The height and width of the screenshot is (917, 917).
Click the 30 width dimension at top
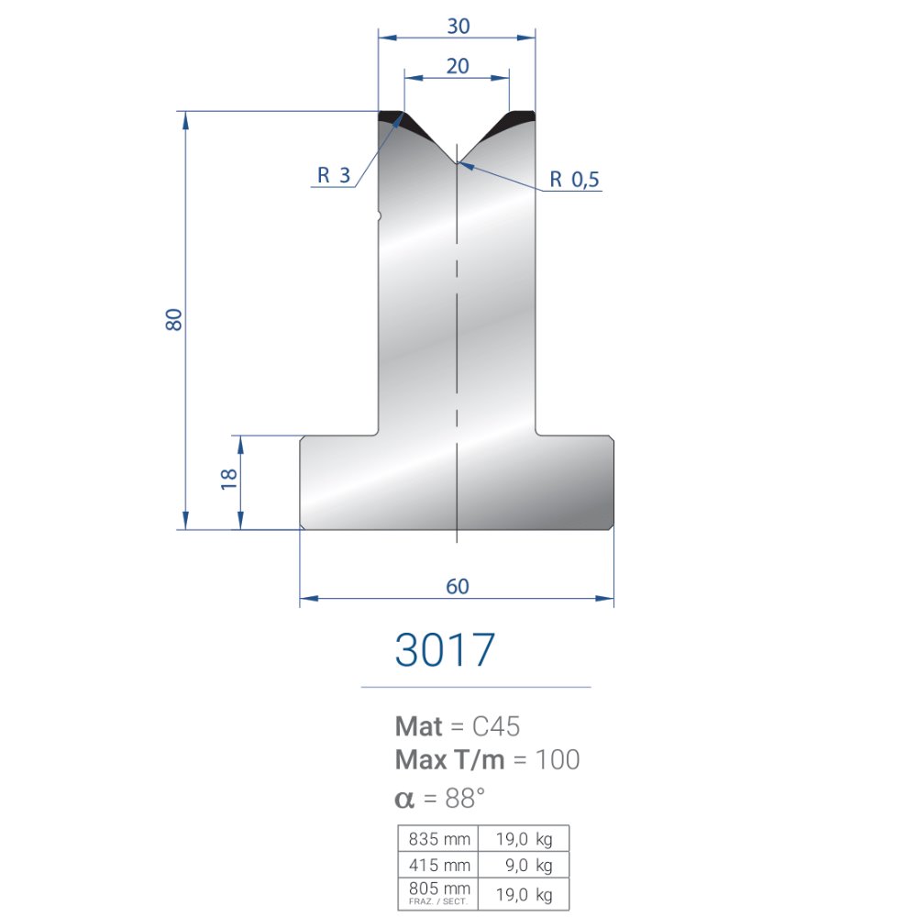[458, 27]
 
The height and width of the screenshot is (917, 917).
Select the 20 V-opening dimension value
[458, 66]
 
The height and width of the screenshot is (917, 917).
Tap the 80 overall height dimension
[173, 319]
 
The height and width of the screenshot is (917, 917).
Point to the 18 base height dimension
[228, 479]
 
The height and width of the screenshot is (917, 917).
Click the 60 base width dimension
[458, 586]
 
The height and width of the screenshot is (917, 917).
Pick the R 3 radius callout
[334, 175]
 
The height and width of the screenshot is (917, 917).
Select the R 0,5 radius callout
[574, 180]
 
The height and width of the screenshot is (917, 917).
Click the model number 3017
[445, 650]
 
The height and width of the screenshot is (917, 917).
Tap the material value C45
[496, 726]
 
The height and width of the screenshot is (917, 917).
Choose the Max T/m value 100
[558, 759]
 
